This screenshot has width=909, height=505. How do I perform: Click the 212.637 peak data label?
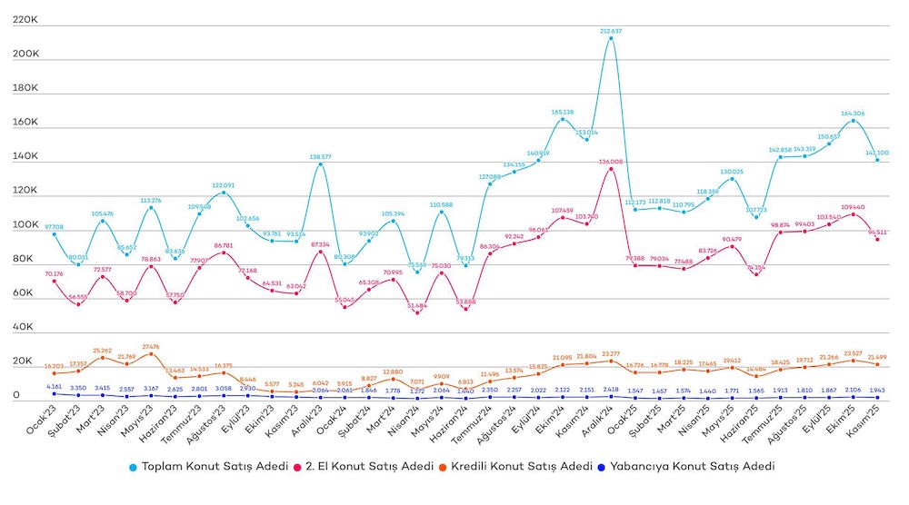click(x=611, y=31)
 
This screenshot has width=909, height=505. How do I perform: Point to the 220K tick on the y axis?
click(x=25, y=19)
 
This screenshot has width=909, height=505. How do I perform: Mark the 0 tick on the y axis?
click(x=17, y=395)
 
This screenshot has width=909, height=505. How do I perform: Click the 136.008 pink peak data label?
click(x=611, y=162)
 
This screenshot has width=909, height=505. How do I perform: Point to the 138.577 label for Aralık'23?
click(x=320, y=157)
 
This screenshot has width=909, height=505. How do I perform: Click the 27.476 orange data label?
click(x=151, y=346)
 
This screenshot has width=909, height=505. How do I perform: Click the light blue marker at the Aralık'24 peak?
click(x=611, y=38)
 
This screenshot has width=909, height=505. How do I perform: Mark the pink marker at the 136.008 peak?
click(x=611, y=169)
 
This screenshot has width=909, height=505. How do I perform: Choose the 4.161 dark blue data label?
click(x=54, y=387)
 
